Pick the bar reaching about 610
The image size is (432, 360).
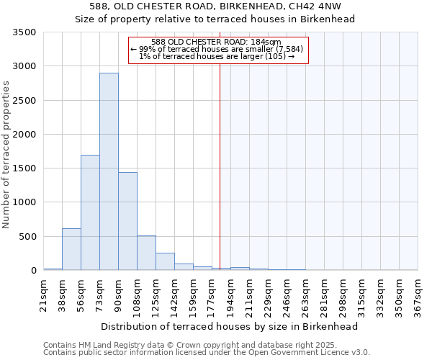coord(71,249)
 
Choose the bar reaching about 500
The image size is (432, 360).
coord(146,253)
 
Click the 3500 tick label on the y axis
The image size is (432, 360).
coord(24,32)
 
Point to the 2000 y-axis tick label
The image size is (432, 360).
coord(24,135)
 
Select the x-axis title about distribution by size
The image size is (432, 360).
coord(230,326)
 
